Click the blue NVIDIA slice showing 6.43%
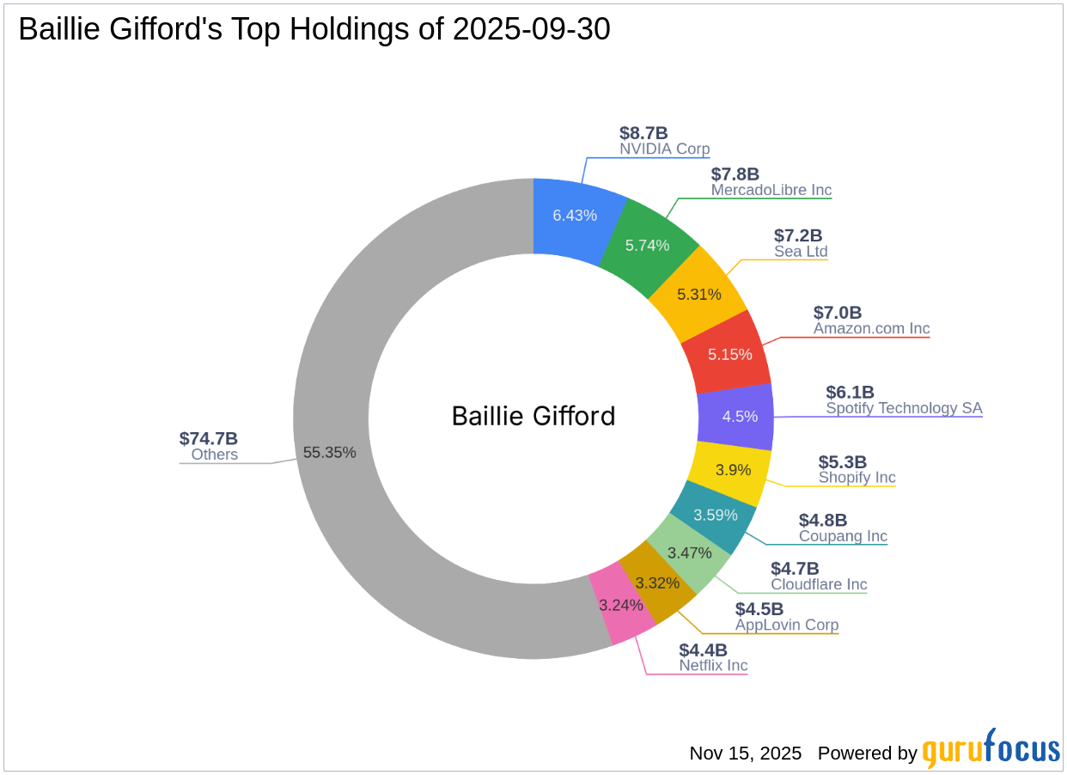click(574, 215)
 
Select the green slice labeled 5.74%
click(647, 245)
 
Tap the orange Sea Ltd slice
click(698, 294)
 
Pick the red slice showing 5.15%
click(729, 353)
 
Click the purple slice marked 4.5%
click(739, 417)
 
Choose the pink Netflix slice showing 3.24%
click(621, 606)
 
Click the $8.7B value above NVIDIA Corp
click(643, 133)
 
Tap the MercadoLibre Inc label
click(771, 190)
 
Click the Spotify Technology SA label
click(903, 408)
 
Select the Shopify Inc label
click(857, 478)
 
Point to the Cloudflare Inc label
click(819, 584)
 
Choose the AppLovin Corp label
click(786, 625)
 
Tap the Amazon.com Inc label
click(871, 328)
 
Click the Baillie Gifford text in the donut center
click(533, 416)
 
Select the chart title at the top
click(314, 29)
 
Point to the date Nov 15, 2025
click(745, 754)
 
